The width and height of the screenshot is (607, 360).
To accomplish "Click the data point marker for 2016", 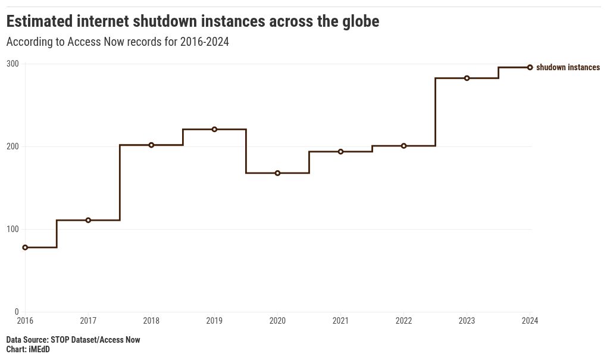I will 25,248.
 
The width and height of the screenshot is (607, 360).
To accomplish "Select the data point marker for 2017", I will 88,220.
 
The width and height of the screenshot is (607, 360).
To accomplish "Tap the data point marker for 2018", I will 151,145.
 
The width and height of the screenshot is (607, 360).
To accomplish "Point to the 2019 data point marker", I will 214,129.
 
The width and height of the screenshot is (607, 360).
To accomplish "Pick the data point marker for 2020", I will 277,173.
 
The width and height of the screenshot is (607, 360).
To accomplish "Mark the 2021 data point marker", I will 340,152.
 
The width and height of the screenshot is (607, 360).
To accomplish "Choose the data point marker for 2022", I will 403,146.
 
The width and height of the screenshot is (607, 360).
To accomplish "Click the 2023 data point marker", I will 467,78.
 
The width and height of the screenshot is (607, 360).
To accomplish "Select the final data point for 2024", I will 530,67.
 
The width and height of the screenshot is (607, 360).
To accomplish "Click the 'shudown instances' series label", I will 568,67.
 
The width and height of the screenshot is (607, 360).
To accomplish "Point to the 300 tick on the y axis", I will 12,64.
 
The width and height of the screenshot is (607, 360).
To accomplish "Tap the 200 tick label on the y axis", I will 12,146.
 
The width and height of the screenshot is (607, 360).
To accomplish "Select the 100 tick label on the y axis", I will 12,229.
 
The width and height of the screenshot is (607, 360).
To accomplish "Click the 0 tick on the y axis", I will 17,312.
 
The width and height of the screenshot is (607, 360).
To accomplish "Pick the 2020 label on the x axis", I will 277,321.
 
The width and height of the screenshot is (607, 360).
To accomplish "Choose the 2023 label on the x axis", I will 467,321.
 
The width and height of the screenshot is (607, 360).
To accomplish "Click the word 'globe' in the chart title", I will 359,21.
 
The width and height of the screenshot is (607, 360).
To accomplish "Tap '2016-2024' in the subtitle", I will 204,42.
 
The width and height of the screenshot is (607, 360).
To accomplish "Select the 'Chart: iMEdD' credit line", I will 28,349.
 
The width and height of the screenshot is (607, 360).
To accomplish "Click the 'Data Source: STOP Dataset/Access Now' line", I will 73,340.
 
